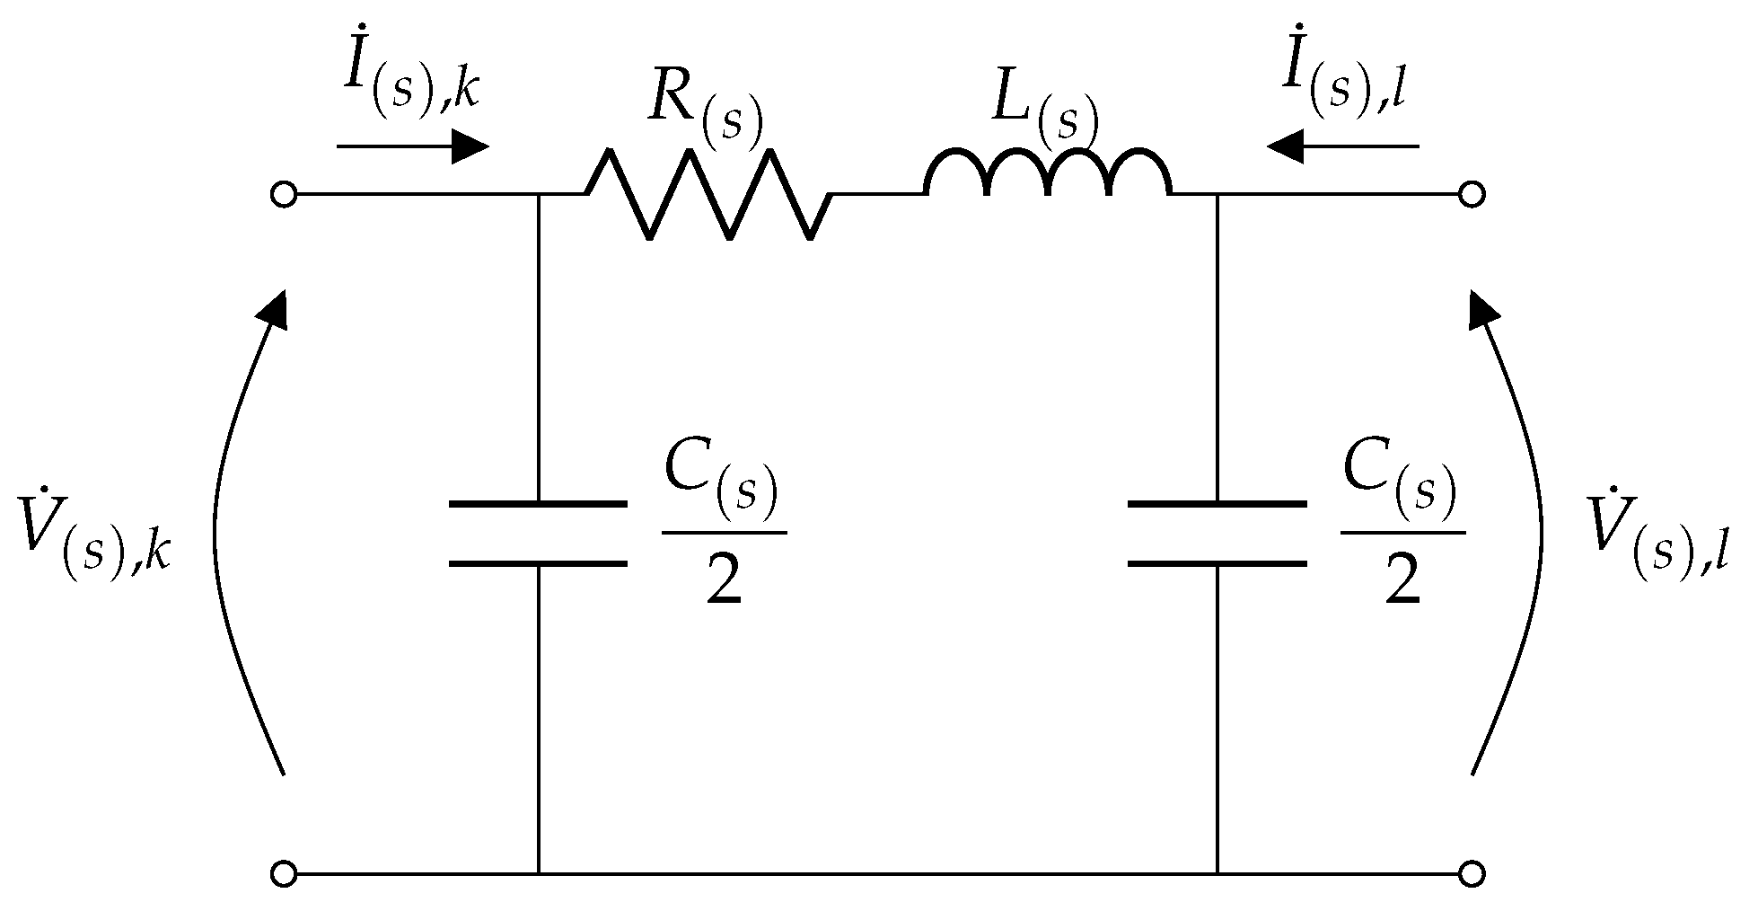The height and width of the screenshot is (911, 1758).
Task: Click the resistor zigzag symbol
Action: (x=708, y=194)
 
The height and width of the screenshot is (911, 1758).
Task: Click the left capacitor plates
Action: (x=538, y=534)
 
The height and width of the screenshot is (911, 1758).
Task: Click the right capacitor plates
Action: (x=1217, y=534)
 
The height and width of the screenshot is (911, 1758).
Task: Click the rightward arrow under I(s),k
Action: (x=413, y=146)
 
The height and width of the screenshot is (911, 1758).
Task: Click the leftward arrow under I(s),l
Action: (x=1342, y=146)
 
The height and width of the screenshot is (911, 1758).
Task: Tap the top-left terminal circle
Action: (x=283, y=194)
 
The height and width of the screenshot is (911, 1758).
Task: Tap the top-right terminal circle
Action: (x=1471, y=194)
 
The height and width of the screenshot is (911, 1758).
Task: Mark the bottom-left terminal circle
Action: (x=283, y=872)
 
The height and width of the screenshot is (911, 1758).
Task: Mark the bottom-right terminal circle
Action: (x=1471, y=872)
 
